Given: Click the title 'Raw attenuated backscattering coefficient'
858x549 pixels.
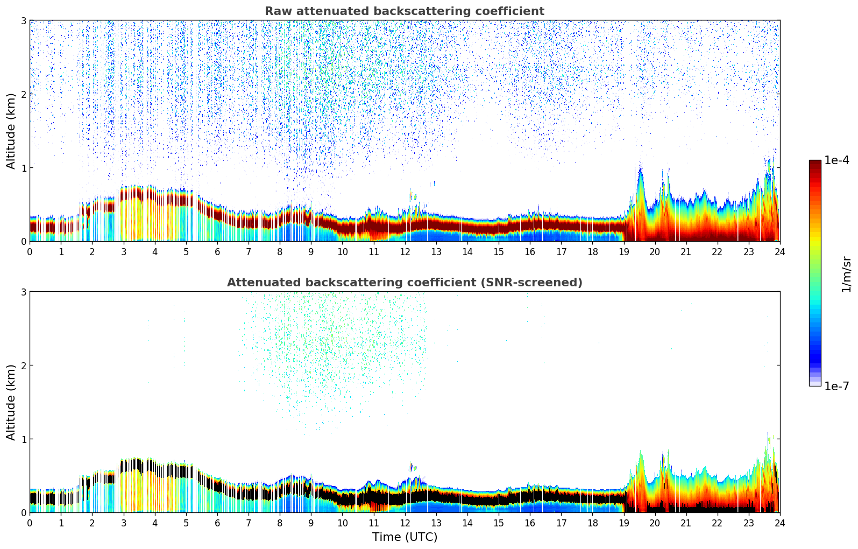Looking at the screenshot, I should tap(405, 11).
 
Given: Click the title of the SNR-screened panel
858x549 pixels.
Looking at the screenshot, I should tap(405, 283).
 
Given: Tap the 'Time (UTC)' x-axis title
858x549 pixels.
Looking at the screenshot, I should tap(405, 537).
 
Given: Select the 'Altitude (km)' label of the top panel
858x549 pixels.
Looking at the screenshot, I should tap(11, 131).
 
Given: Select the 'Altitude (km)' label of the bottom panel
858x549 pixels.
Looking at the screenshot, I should tap(11, 402).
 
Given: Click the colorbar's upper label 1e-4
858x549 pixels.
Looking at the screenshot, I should tap(836, 160).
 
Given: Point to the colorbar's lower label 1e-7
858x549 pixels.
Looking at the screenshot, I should tap(836, 386).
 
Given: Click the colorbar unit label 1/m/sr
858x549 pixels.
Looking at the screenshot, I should tap(846, 273).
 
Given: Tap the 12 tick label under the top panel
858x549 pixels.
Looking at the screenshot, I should tap(405, 251).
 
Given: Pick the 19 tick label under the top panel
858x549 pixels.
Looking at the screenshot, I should tap(623, 251).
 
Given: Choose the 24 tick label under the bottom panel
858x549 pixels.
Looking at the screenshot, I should tap(779, 523).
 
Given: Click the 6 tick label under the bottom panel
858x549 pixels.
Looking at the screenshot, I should tap(217, 523).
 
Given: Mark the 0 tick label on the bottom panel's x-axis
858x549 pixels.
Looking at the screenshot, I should tap(30, 523).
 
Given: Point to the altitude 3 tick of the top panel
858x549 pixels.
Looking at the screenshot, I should tap(24, 20).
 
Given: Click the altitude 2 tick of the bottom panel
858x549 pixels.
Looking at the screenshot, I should tap(24, 365).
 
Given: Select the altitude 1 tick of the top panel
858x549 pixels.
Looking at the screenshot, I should tap(24, 168).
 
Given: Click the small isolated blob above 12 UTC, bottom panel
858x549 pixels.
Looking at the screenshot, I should tap(412, 467).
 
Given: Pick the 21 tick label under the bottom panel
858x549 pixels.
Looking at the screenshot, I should tap(686, 523).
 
